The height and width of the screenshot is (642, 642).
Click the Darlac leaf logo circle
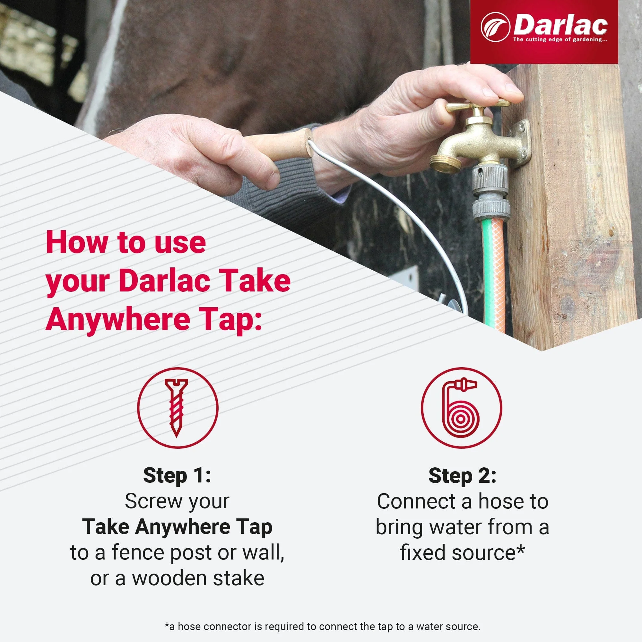495,27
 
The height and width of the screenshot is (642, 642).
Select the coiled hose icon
462,408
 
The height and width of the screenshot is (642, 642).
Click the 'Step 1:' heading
177,475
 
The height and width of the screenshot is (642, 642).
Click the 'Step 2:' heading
462,475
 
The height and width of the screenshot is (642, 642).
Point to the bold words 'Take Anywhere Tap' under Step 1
177,527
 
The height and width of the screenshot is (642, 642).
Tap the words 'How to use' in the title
126,243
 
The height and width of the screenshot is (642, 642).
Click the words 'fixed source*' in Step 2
462,553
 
